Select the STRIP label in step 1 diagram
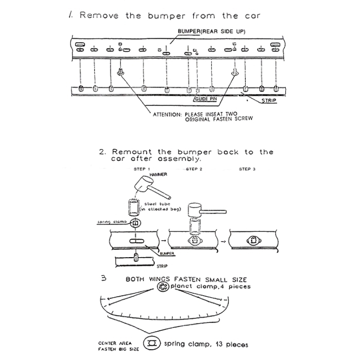pyautogui.click(x=269, y=101)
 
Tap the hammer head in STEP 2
pyautogui.click(x=195, y=209)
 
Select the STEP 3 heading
pyautogui.click(x=247, y=169)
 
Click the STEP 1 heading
pyautogui.click(x=141, y=169)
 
